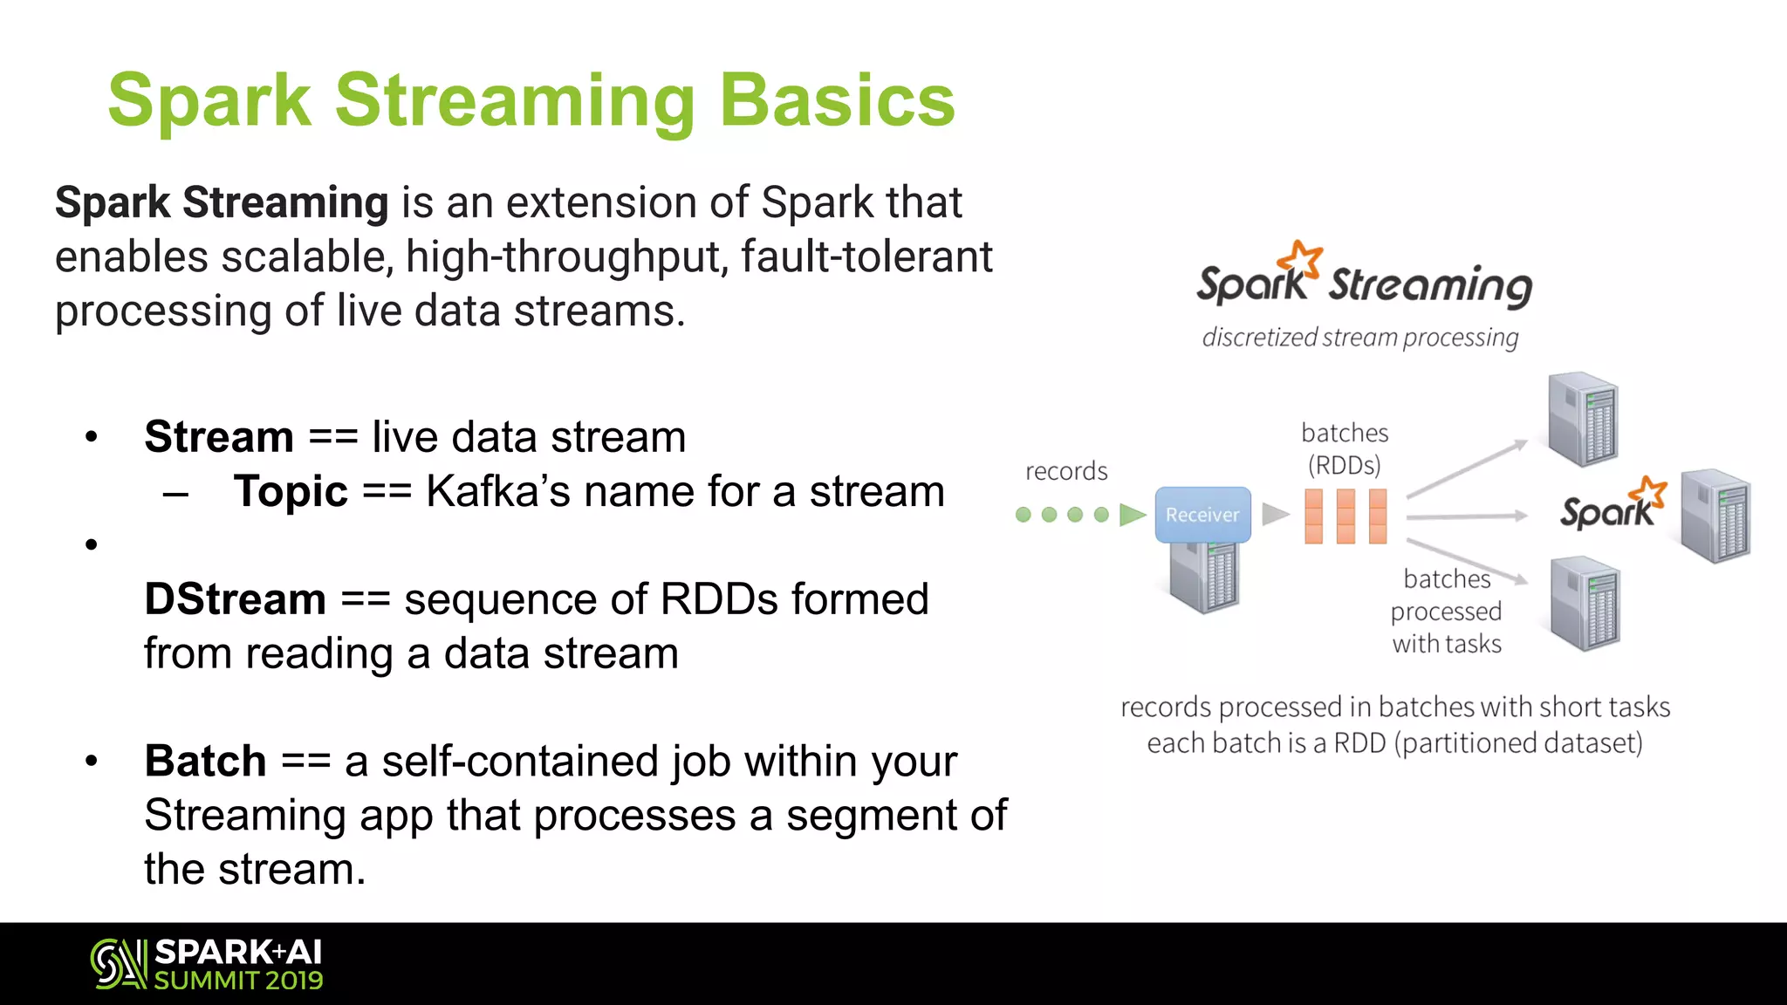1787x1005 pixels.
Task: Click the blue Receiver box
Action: click(x=1202, y=515)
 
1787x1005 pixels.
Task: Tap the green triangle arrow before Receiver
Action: click(x=1132, y=515)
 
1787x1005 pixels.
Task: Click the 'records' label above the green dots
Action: click(x=1066, y=471)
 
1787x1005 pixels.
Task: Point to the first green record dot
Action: click(x=1024, y=515)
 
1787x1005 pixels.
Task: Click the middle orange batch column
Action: click(x=1345, y=516)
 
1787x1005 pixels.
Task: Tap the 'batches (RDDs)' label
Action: click(x=1345, y=448)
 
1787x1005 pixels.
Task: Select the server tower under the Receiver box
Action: click(x=1204, y=577)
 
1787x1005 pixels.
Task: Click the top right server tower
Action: click(x=1583, y=419)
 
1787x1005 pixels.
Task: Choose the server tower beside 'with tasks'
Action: click(x=1585, y=604)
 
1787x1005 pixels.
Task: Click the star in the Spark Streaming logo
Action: click(x=1302, y=259)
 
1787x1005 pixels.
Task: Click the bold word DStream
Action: click(x=235, y=599)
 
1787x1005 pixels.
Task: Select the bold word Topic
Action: click(x=291, y=491)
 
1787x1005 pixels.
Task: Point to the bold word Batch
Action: click(x=205, y=761)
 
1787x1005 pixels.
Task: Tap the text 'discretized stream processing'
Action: click(x=1359, y=338)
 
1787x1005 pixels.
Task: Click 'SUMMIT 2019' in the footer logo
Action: click(x=238, y=981)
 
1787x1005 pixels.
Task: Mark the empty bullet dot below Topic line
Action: click(x=92, y=545)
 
